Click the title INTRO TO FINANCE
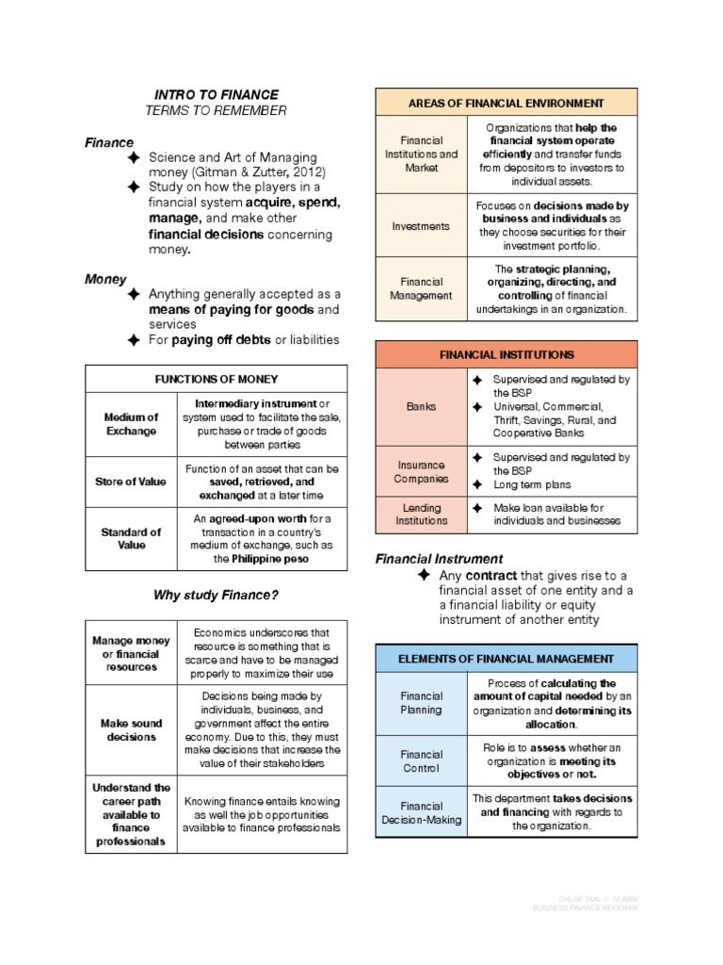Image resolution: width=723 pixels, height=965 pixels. click(216, 94)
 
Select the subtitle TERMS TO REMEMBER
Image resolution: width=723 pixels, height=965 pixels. click(216, 111)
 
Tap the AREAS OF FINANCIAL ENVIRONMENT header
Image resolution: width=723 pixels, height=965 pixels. click(506, 103)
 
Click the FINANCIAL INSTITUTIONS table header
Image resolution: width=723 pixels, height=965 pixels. click(506, 354)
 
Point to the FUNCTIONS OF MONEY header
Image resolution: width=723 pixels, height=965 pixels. click(217, 379)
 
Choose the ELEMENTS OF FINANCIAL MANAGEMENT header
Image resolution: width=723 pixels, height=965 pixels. click(506, 659)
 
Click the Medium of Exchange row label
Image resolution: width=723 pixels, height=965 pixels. click(132, 424)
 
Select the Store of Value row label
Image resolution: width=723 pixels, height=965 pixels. click(132, 482)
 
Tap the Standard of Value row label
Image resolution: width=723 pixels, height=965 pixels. click(132, 538)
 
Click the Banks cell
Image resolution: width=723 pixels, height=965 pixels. click(421, 407)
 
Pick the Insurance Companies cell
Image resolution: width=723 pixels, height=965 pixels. click(421, 471)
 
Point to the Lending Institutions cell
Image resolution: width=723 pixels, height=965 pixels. click(421, 515)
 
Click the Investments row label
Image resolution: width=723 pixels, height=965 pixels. click(421, 226)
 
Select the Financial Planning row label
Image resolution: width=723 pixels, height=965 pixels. click(421, 702)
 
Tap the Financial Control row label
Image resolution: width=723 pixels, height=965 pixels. click(421, 761)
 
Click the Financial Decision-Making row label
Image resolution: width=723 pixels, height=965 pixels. click(421, 812)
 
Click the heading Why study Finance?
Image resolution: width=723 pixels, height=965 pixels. click(216, 595)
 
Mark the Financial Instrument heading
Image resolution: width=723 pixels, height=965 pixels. click(439, 559)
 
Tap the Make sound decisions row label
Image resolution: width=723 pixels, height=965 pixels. click(132, 730)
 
